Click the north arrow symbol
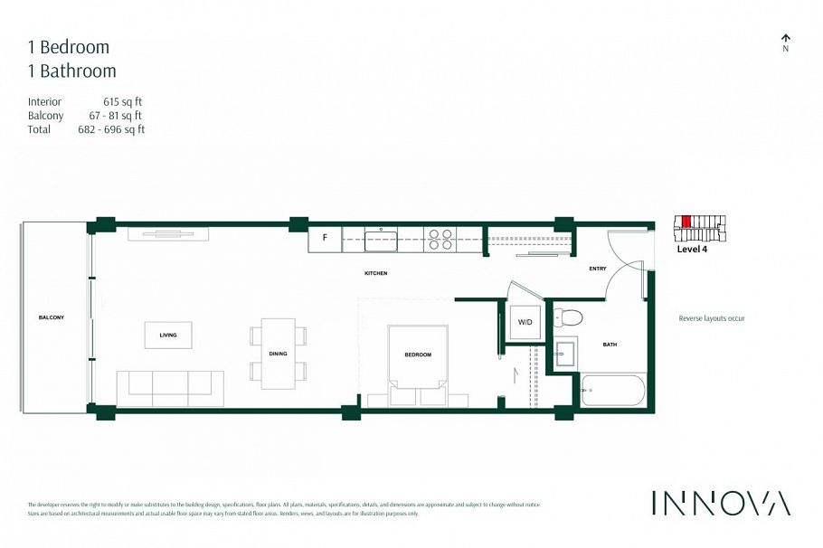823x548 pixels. (785, 38)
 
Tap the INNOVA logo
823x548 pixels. (721, 503)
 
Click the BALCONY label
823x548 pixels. (52, 317)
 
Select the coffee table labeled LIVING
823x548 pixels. (168, 335)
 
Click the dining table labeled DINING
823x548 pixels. (279, 353)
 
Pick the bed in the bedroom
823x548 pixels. (417, 359)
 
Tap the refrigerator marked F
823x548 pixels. (325, 240)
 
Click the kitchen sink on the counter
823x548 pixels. (381, 241)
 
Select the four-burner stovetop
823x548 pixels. (440, 239)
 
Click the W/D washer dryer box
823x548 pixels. (525, 322)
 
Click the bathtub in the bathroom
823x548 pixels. (613, 390)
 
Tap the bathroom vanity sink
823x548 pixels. (565, 354)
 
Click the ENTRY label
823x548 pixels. (598, 268)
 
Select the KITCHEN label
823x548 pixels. (375, 272)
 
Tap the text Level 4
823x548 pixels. (693, 250)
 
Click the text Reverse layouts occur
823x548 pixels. (712, 318)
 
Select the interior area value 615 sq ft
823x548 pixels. (124, 102)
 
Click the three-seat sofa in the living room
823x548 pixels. (170, 387)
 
